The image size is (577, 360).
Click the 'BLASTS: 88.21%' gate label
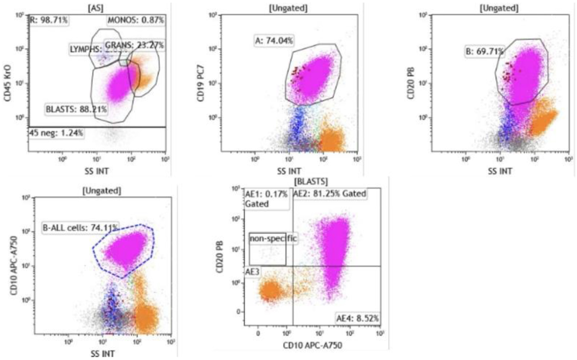(76, 109)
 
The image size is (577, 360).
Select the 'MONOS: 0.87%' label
(136, 20)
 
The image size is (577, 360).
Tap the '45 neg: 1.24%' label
(56, 133)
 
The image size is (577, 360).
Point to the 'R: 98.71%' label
(49, 20)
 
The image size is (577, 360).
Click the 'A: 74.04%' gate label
(274, 41)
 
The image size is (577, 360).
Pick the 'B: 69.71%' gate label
(485, 51)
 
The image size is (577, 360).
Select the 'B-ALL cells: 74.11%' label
(80, 228)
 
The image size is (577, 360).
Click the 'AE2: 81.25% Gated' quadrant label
(330, 194)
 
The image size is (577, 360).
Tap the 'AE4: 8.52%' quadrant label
(358, 318)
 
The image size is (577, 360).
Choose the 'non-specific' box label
(273, 238)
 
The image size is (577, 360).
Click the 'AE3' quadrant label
(252, 271)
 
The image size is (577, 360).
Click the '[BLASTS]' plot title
(311, 181)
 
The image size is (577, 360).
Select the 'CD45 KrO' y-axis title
(8, 83)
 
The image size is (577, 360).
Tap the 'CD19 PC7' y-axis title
(201, 83)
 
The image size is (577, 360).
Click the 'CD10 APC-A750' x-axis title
(312, 345)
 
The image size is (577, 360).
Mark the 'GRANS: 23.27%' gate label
(134, 45)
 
